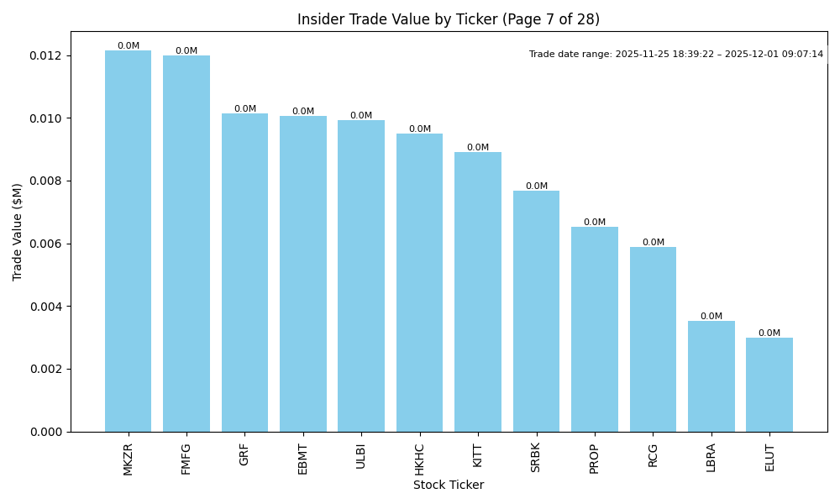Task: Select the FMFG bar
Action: pos(186,244)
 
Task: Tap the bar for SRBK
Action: pos(536,311)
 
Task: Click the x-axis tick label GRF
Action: pos(244,454)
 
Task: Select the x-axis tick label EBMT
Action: pos(303,459)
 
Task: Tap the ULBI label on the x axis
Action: pos(361,456)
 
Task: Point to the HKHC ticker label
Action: pos(420,459)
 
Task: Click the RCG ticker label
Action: pos(653,454)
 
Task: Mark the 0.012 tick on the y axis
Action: pos(45,56)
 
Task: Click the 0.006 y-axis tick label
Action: pos(45,244)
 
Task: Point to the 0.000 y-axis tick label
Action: pos(45,432)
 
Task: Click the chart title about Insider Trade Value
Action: pos(449,19)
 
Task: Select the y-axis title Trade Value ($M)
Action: pos(18,232)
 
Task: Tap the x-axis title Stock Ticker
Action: pos(449,486)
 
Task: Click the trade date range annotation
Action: pos(676,55)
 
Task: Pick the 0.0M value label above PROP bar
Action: pos(595,223)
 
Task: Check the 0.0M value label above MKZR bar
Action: pos(129,46)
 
